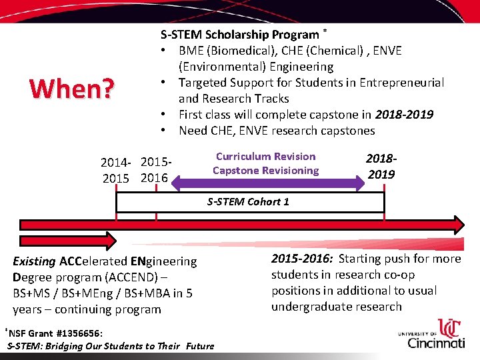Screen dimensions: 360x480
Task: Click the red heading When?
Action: point(71,88)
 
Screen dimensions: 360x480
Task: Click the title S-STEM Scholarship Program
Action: point(239,35)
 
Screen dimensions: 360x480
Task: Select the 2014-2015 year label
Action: point(116,171)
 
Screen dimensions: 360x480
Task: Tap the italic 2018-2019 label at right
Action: point(381,167)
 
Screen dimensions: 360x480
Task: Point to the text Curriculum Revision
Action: point(265,157)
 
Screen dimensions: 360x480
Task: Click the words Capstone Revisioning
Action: point(265,171)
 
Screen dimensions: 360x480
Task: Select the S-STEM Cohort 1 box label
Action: point(248,201)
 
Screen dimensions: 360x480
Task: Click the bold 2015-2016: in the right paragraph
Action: point(303,259)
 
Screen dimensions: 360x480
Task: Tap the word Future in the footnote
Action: point(200,346)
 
